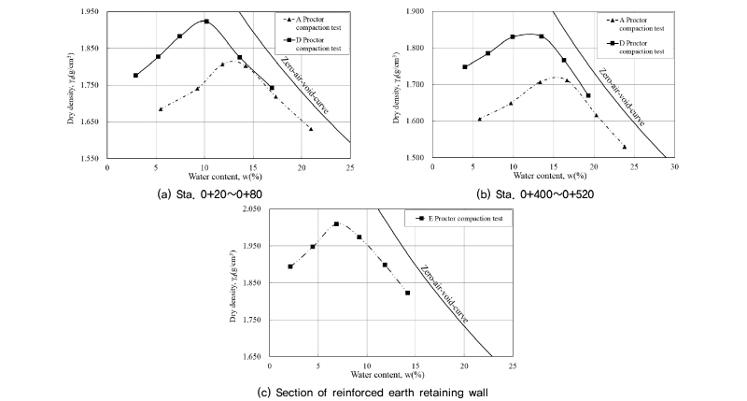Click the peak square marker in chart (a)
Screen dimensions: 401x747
click(205, 21)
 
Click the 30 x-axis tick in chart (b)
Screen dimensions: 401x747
click(674, 165)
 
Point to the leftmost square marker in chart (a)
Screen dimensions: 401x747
click(136, 76)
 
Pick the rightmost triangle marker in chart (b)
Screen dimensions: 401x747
click(624, 147)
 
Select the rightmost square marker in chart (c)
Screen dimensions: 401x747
click(407, 293)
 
